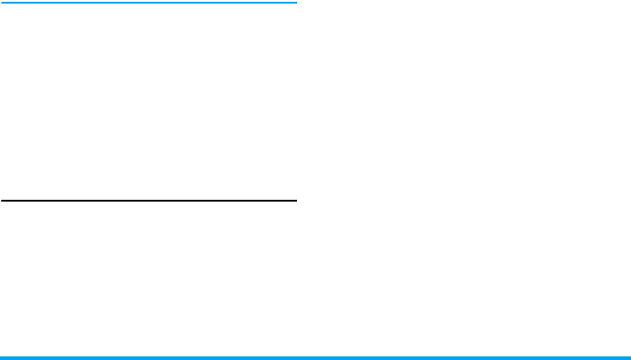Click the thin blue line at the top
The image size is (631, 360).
(x=149, y=3)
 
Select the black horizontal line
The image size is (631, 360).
(x=149, y=201)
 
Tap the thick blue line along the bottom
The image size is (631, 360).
(x=315, y=357)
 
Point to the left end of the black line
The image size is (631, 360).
(x=2, y=201)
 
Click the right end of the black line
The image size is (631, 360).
(x=294, y=201)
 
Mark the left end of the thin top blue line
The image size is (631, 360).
(x=2, y=3)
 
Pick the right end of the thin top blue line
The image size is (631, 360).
(x=294, y=3)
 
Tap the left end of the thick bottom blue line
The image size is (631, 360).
(x=2, y=357)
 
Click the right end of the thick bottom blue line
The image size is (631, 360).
(x=628, y=357)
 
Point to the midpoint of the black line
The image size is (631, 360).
(x=149, y=201)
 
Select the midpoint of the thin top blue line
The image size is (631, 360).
(x=149, y=3)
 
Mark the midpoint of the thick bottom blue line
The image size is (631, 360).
(x=315, y=357)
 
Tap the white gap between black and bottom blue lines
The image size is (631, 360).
(x=149, y=279)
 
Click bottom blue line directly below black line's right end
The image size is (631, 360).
(x=294, y=357)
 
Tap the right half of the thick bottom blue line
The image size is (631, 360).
(x=473, y=357)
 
